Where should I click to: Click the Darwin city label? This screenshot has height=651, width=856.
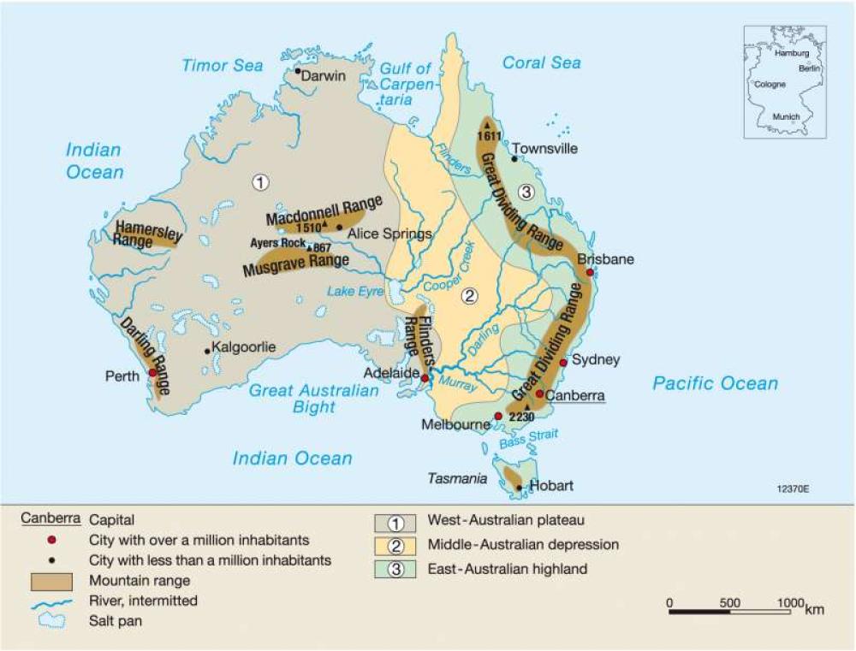tap(324, 76)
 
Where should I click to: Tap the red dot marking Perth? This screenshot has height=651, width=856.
tap(152, 373)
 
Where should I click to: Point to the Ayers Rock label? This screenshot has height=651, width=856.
tap(276, 243)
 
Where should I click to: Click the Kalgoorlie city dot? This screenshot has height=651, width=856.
tap(206, 351)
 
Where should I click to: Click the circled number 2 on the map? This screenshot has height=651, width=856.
tap(468, 297)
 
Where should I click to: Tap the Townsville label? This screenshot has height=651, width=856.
tap(545, 149)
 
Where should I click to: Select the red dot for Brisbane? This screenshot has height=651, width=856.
tap(589, 272)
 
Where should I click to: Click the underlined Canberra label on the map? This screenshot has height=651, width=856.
tap(575, 396)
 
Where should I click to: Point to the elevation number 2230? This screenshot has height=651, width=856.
tap(521, 417)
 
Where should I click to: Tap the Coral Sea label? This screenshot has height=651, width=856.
tap(541, 62)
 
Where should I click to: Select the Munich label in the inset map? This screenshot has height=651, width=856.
tap(786, 116)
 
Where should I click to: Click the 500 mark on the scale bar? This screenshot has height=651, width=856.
tap(729, 602)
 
